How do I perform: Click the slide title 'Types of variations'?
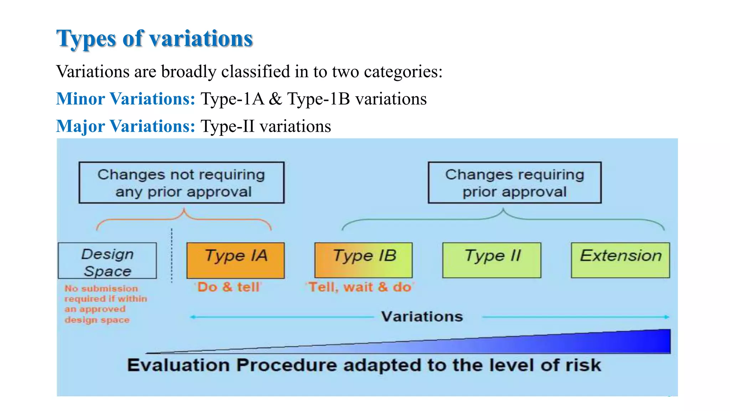(154, 39)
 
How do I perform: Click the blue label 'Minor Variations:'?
(125, 99)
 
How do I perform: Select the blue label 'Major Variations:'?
(125, 126)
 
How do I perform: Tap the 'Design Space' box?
(107, 261)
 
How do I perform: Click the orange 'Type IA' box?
(236, 260)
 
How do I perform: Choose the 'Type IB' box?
(363, 260)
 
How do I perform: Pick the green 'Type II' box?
(492, 260)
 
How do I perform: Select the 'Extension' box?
(620, 260)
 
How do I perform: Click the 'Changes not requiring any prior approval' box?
(181, 183)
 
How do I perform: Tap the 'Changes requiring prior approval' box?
(514, 183)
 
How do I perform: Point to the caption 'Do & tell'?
(228, 287)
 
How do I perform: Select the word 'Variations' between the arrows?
(422, 316)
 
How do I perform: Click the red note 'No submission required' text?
(105, 304)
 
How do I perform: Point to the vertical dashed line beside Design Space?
(172, 255)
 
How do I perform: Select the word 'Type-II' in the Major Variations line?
(227, 126)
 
